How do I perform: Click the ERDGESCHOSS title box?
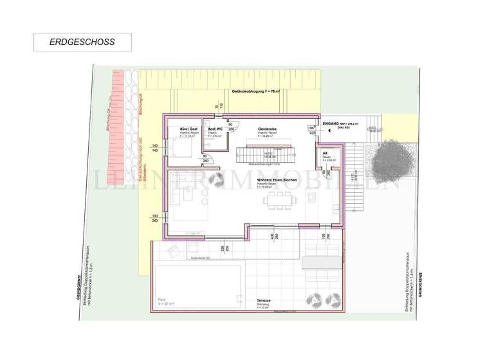click(x=82, y=42)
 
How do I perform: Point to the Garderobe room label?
click(x=267, y=129)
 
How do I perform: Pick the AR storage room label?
click(x=326, y=153)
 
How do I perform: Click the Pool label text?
click(x=161, y=300)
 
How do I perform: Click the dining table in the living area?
click(x=280, y=202)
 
